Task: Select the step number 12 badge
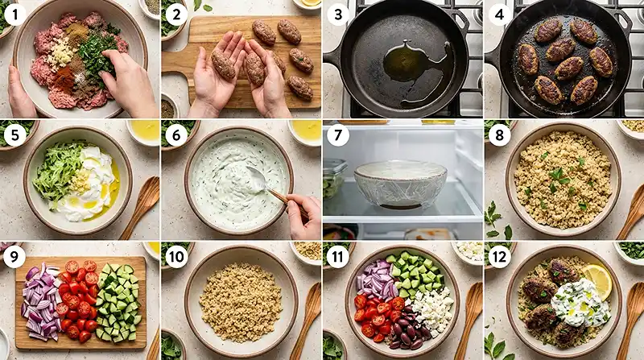click(499, 256)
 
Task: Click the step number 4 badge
click(499, 14)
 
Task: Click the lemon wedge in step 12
click(598, 279)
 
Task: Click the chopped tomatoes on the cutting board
click(77, 300)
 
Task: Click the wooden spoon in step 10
click(307, 314)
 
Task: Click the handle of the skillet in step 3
click(332, 58)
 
